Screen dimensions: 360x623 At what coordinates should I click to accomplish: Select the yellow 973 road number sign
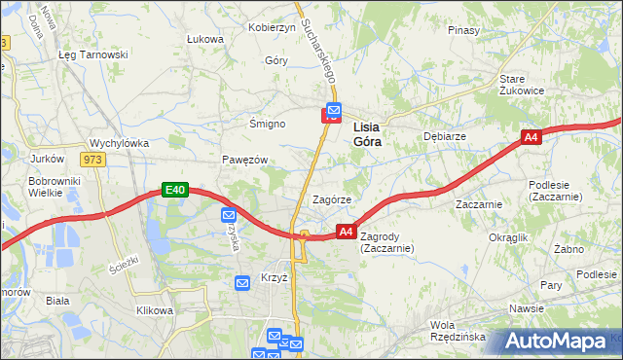[93, 159]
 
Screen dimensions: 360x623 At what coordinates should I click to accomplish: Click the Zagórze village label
[331, 198]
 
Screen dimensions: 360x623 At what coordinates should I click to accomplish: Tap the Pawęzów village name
[243, 160]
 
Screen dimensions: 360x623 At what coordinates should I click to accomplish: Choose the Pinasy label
[463, 30]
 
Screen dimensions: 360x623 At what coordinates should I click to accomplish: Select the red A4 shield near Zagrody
[346, 232]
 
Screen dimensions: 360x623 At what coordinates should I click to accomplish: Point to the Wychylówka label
[119, 142]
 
